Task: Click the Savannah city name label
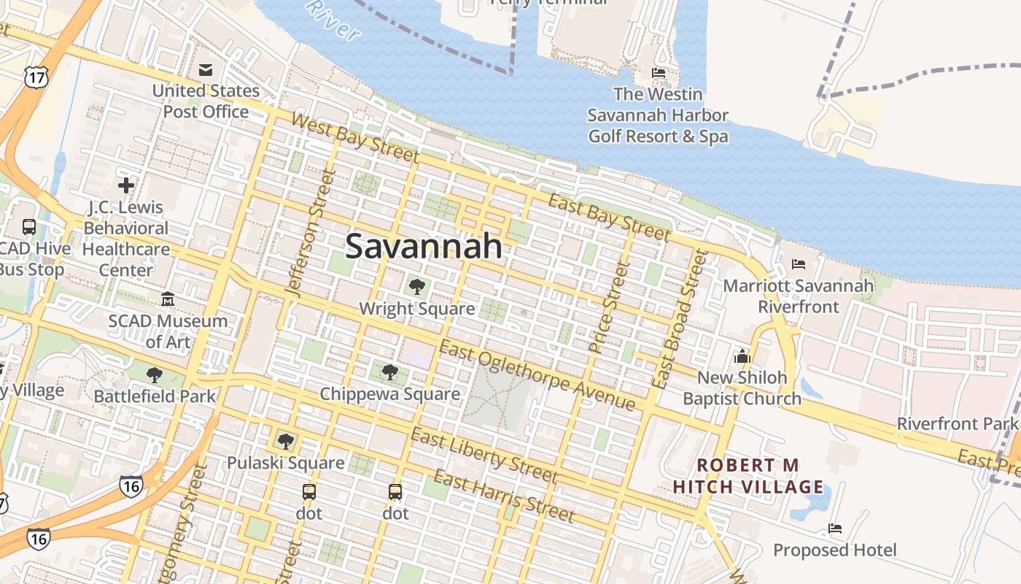(424, 247)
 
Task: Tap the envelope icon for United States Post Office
(206, 69)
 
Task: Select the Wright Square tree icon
(416, 287)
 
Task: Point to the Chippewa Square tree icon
(390, 372)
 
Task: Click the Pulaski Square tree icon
(285, 441)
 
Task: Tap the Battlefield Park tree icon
(154, 375)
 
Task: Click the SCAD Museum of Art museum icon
(168, 299)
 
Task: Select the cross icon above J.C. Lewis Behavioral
(125, 185)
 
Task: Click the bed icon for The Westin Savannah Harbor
(658, 73)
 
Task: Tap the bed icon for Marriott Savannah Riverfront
(798, 264)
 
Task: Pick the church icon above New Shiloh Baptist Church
(742, 356)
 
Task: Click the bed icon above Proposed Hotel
(834, 529)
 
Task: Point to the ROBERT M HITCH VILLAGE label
(748, 475)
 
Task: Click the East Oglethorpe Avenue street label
(537, 376)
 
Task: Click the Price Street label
(607, 307)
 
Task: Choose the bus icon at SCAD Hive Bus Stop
(29, 226)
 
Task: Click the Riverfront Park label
(957, 423)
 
